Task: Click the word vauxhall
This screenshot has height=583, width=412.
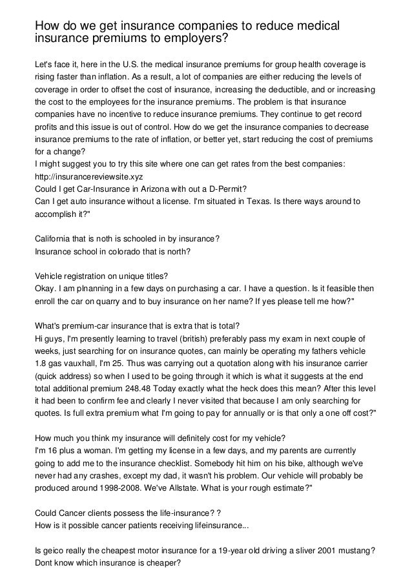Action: [81, 363]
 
